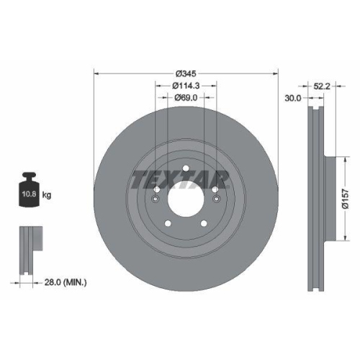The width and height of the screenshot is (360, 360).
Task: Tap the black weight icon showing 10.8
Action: pos(29,192)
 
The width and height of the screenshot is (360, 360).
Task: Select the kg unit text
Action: pos(47,195)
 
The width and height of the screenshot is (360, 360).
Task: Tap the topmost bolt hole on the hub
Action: pos(185,170)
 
